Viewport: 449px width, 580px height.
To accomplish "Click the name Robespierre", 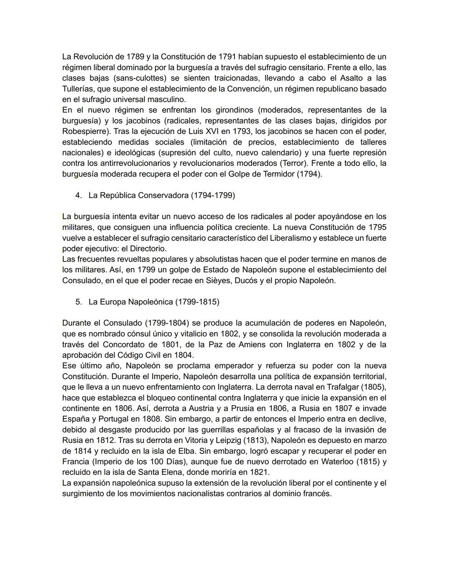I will (84, 132).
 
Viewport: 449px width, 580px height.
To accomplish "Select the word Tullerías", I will (78, 89).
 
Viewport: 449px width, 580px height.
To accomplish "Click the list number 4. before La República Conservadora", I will (79, 195).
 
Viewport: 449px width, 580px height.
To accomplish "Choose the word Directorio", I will (148, 249).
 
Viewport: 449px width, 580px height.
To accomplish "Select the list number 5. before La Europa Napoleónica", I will (79, 302).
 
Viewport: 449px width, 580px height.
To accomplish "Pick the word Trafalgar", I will (337, 387).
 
